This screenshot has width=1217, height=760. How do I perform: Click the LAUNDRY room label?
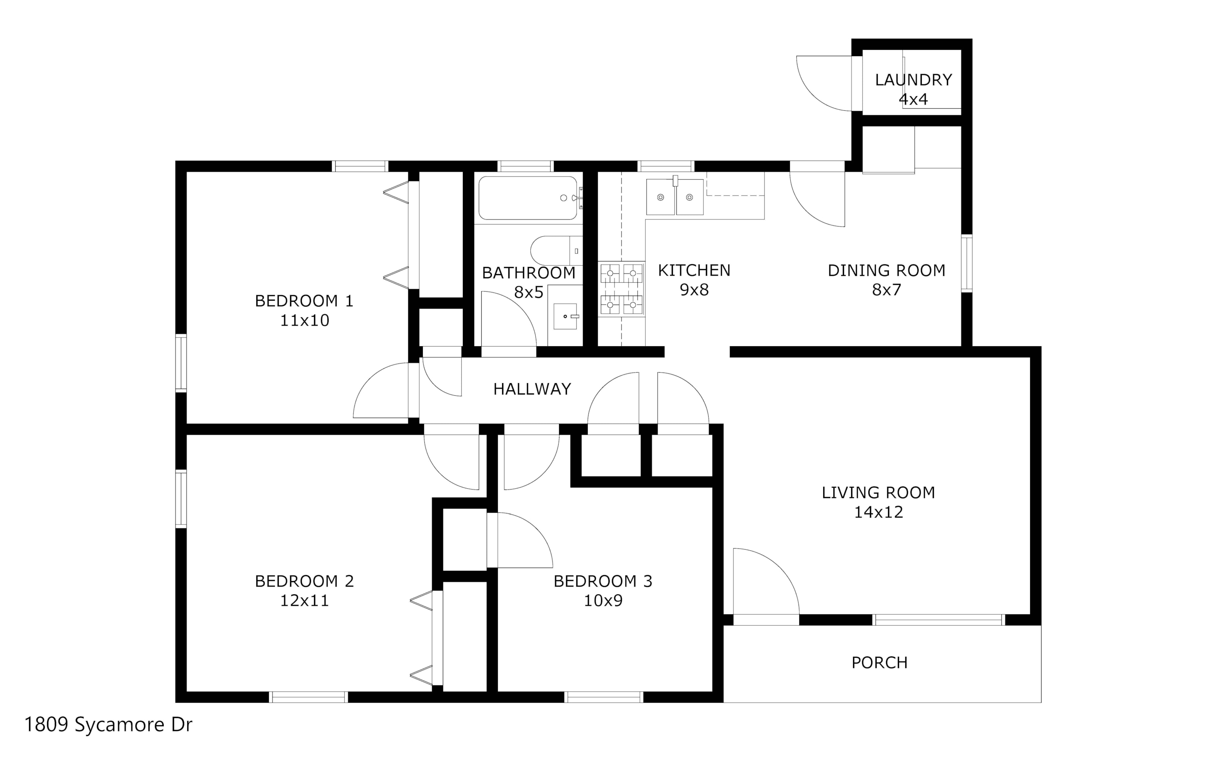pyautogui.click(x=914, y=80)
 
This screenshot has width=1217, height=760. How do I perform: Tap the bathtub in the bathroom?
pyautogui.click(x=528, y=198)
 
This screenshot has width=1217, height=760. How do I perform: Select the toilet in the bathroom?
pyautogui.click(x=556, y=250)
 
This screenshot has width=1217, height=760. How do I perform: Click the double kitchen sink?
pyautogui.click(x=674, y=197)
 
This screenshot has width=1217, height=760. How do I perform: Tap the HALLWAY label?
pyautogui.click(x=532, y=389)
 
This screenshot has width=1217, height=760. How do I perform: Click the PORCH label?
pyautogui.click(x=879, y=663)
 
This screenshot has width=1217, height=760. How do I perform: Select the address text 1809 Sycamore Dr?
pyautogui.click(x=108, y=725)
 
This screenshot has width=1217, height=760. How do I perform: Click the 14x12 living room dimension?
pyautogui.click(x=878, y=512)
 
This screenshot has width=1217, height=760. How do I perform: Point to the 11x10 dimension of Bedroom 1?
pyautogui.click(x=304, y=320)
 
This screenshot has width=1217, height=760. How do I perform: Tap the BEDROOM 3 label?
pyautogui.click(x=603, y=581)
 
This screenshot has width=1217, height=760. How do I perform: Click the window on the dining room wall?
pyautogui.click(x=967, y=263)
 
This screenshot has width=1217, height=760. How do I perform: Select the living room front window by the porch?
pyautogui.click(x=939, y=620)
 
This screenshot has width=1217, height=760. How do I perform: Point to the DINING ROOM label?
pyautogui.click(x=886, y=270)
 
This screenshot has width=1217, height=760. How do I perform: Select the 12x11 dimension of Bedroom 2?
pyautogui.click(x=304, y=600)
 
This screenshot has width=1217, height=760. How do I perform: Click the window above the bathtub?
pyautogui.click(x=525, y=166)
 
